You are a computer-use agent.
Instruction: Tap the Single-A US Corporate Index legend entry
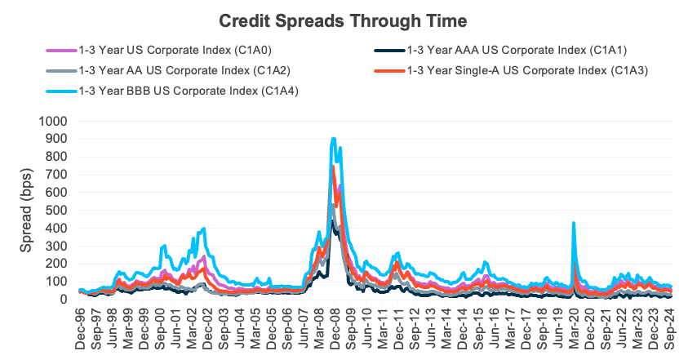click(x=526, y=70)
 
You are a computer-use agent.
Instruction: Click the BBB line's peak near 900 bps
click(x=334, y=139)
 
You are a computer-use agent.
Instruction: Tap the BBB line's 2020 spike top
click(x=574, y=222)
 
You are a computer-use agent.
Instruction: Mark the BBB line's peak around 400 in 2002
click(x=203, y=229)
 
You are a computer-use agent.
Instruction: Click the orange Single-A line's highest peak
click(x=334, y=167)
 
